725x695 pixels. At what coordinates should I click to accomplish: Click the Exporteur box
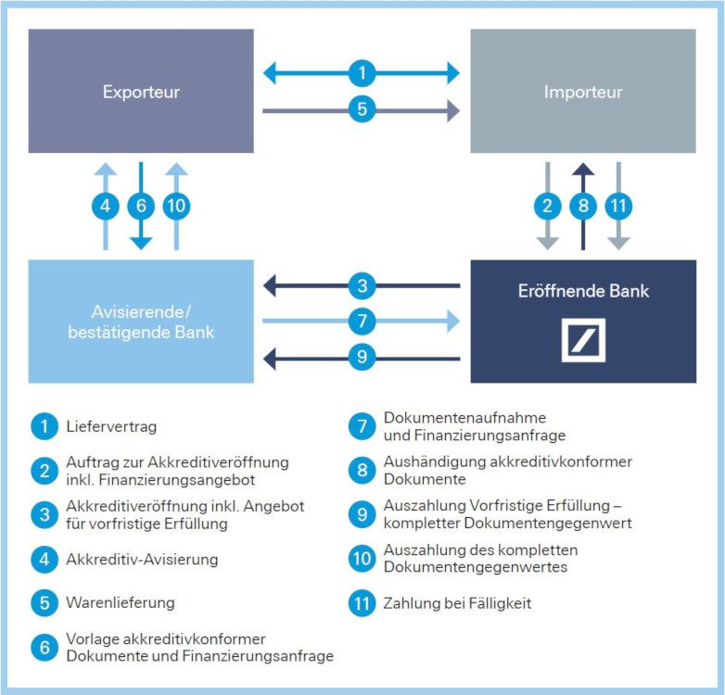[x=141, y=92]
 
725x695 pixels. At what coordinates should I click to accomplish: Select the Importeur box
[x=582, y=92]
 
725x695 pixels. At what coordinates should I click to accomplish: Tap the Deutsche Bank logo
[x=583, y=340]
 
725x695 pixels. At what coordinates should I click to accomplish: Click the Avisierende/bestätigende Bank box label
[x=141, y=321]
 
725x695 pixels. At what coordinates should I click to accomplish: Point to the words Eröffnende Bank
[x=583, y=291]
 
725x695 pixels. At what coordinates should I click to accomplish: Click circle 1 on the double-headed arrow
[x=362, y=72]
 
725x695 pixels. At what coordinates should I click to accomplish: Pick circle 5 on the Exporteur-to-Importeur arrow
[x=362, y=110]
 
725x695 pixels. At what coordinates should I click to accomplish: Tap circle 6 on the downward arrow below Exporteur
[x=141, y=206]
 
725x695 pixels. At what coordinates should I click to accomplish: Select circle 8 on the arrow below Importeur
[x=583, y=206]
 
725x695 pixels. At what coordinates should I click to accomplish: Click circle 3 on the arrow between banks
[x=362, y=285]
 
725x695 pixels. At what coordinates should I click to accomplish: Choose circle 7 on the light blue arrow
[x=362, y=322]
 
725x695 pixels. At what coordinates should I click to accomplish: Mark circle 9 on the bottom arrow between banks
[x=362, y=357]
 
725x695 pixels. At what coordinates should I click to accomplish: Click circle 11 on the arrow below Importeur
[x=618, y=206]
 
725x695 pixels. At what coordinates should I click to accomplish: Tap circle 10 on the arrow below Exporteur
[x=176, y=206]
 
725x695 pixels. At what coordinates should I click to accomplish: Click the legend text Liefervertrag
[x=111, y=427]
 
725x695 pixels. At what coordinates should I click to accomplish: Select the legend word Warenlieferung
[x=121, y=603]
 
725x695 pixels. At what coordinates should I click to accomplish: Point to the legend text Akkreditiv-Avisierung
[x=142, y=560]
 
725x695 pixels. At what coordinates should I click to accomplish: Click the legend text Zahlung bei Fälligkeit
[x=458, y=603]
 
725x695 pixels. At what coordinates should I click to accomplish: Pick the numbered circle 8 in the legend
[x=361, y=471]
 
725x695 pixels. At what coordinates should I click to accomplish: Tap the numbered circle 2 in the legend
[x=44, y=471]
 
